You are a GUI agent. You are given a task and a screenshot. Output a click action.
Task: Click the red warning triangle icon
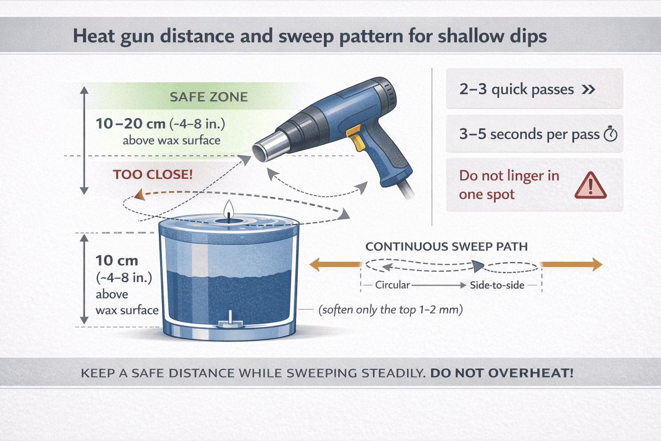coord(590,186)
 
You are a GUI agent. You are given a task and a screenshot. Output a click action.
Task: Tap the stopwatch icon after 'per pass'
coord(610,134)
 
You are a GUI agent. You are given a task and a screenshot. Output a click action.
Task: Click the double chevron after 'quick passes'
coord(588,90)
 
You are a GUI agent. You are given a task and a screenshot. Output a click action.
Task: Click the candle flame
coord(229,209)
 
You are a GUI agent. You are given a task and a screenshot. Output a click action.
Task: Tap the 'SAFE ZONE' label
coord(208,97)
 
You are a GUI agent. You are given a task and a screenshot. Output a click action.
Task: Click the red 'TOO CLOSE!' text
coord(153,174)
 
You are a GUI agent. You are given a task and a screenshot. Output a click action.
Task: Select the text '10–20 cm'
coord(130,124)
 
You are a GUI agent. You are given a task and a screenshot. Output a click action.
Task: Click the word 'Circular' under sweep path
coord(392,285)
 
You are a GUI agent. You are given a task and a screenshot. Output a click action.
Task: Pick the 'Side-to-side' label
coord(497,285)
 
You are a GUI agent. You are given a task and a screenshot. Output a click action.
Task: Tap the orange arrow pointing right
coord(572,264)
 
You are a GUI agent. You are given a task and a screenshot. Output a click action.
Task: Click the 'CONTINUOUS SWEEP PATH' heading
coord(446,247)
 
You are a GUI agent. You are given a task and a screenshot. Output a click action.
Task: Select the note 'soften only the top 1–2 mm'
coord(390,310)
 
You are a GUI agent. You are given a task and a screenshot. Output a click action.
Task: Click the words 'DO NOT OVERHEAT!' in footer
coord(501,373)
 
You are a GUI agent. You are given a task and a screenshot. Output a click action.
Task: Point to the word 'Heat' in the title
coord(93,36)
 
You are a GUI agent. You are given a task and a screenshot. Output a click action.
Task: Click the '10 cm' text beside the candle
coord(117,261)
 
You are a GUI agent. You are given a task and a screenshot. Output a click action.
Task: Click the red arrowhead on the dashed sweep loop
coord(139,195)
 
